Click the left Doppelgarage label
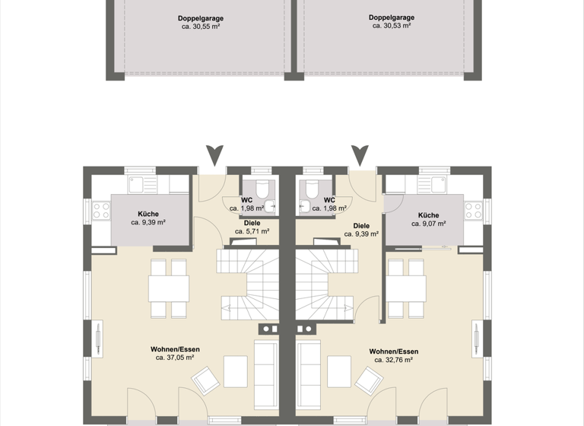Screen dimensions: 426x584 201,17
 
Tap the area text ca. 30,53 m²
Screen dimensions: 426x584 392,26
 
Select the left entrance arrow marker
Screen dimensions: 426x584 215,155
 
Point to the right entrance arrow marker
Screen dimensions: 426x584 360,155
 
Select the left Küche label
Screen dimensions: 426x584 148,215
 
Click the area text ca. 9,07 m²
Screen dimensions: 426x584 428,224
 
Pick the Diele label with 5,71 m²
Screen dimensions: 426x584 252,223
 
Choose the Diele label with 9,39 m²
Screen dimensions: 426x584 361,226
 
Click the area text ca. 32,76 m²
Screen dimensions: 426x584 393,360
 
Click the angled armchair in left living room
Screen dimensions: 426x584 205,380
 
